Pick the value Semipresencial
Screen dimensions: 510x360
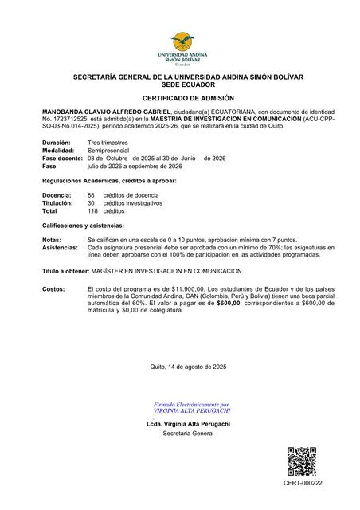[109, 150]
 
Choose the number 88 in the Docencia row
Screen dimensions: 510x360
[91, 195]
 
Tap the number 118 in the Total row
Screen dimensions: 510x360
[92, 211]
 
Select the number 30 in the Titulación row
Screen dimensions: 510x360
[91, 203]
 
